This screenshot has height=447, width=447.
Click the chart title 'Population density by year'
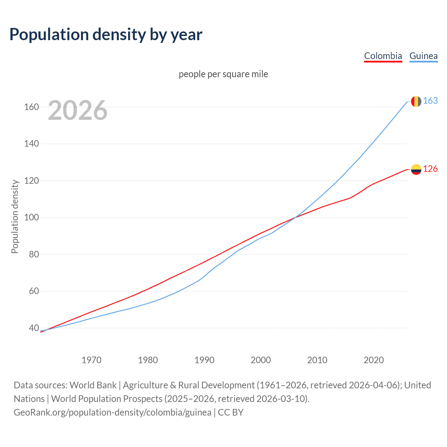(106, 35)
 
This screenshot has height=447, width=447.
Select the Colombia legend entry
(383, 56)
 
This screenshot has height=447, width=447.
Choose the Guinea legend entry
(423, 56)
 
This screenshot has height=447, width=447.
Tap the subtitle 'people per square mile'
(223, 74)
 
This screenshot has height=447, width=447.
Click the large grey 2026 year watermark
(78, 110)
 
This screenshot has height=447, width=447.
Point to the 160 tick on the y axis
(31, 107)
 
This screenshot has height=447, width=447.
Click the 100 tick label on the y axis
(31, 218)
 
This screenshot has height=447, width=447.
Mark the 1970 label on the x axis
(91, 360)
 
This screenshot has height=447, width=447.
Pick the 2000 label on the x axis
(261, 360)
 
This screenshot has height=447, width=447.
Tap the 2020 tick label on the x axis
(374, 360)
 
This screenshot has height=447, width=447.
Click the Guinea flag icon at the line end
(416, 101)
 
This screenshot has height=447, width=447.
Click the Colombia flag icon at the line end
(416, 169)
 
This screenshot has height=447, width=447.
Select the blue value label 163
(430, 101)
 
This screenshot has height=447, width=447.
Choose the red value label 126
(430, 169)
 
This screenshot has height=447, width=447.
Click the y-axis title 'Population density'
(15, 217)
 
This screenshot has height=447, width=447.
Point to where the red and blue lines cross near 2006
(294, 218)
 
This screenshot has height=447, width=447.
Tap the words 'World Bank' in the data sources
(93, 385)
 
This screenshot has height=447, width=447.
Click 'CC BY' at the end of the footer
(230, 412)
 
